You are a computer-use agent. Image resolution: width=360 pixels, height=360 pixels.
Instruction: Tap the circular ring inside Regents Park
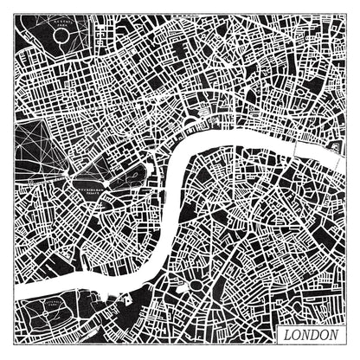(61, 35)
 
